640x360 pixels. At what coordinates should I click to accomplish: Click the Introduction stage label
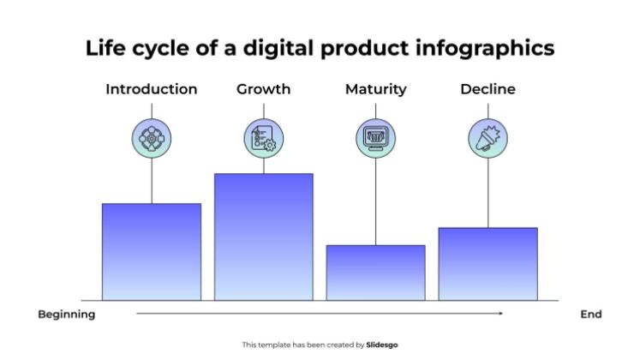click(152, 89)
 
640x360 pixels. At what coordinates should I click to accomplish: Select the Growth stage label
click(263, 89)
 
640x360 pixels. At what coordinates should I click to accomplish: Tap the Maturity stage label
click(375, 89)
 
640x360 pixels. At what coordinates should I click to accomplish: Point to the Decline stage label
click(487, 89)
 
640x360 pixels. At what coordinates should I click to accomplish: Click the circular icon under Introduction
click(152, 137)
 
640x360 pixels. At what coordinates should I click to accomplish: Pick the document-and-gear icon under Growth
click(263, 137)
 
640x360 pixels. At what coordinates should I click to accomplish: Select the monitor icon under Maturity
click(375, 137)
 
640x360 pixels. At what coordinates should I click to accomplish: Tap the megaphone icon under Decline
click(487, 137)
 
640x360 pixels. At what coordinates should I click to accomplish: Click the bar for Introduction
click(152, 252)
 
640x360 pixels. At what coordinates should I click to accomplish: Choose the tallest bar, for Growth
click(263, 237)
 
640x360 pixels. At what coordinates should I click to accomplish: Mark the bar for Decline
click(487, 264)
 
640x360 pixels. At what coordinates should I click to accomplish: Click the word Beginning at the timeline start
click(67, 315)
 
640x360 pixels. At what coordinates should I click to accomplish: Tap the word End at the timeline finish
click(591, 315)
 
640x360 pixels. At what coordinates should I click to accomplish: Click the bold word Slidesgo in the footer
click(382, 345)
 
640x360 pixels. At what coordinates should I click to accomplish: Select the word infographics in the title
click(489, 49)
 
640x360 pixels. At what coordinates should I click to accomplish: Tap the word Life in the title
click(106, 49)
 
